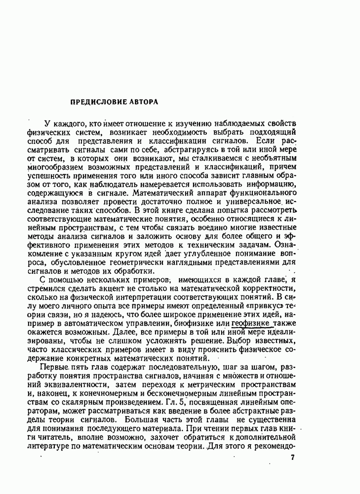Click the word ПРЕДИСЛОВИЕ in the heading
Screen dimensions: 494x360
[96, 102]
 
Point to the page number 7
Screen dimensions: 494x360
[292, 458]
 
